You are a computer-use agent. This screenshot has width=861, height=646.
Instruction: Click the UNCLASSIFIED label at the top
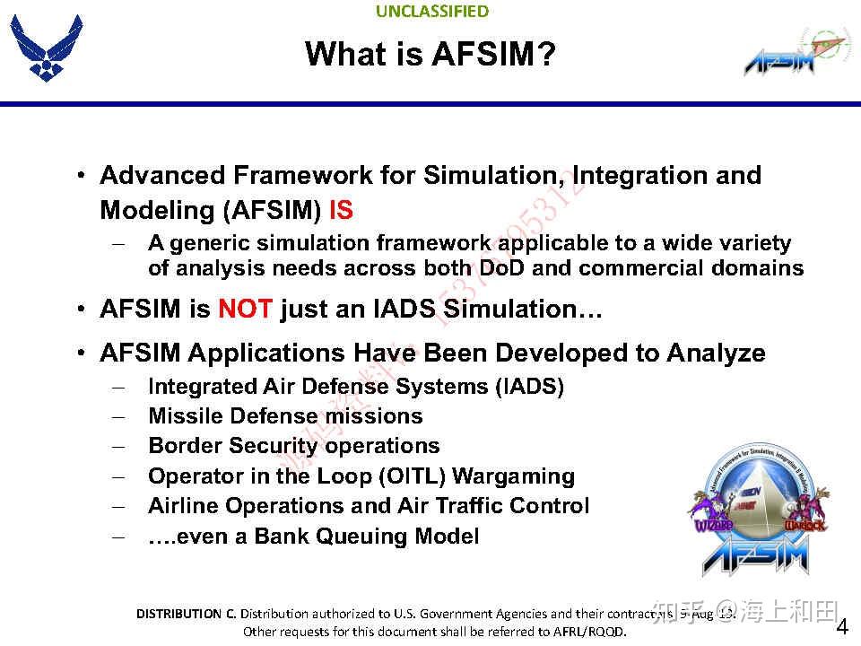[x=432, y=12]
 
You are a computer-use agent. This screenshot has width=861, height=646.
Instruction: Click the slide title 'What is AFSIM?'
[x=430, y=54]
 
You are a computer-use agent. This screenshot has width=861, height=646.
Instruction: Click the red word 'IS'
[x=341, y=210]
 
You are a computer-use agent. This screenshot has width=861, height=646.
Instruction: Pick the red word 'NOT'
[x=244, y=310]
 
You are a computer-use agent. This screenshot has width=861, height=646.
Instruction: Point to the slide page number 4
[x=842, y=625]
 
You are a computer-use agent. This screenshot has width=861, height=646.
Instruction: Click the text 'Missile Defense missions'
[x=285, y=416]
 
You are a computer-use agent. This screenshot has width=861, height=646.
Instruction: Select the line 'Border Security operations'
[x=293, y=446]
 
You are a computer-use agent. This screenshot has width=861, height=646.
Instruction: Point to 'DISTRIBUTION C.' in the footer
[x=186, y=614]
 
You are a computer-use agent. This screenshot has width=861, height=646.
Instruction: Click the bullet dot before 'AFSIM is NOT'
[x=81, y=310]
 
